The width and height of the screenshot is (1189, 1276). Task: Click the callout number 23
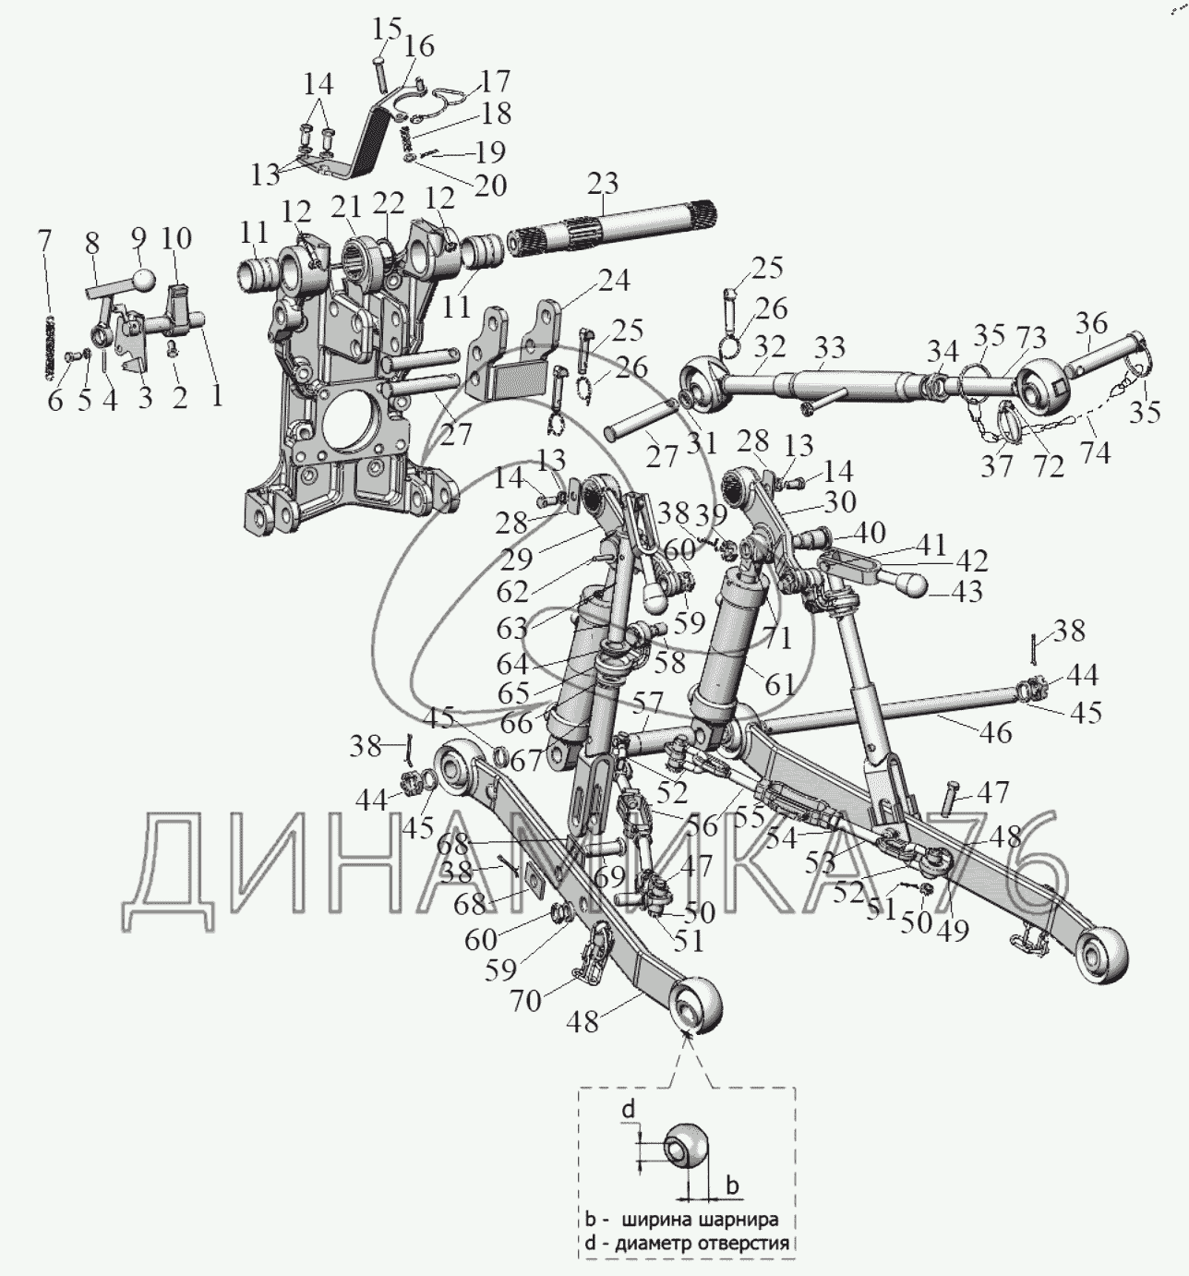(602, 184)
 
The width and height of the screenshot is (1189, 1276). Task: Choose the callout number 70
(526, 1000)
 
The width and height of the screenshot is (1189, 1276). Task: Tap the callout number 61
(780, 684)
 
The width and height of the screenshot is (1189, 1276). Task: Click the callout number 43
(966, 592)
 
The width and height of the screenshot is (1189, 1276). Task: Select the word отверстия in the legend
(745, 1243)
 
